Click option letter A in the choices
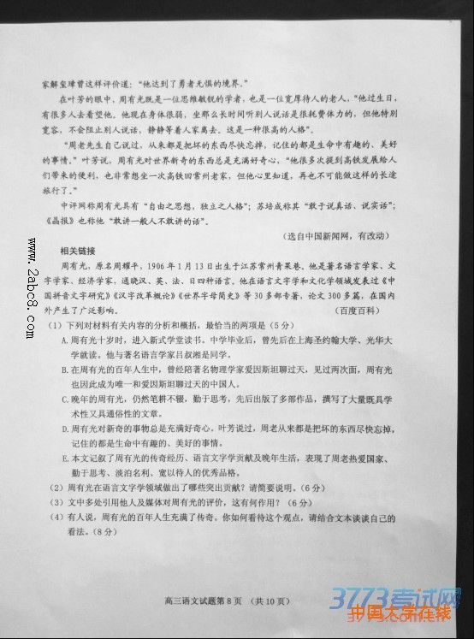click(x=63, y=340)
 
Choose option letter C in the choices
click(x=64, y=399)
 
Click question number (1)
click(x=54, y=326)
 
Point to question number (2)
click(x=54, y=487)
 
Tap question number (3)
click(x=54, y=501)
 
